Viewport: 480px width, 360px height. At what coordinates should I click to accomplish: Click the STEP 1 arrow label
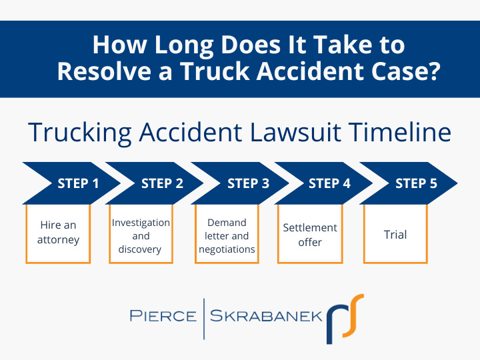[78, 183]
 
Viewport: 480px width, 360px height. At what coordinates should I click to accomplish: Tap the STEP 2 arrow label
[162, 183]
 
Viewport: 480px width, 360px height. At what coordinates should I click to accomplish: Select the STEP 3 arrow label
[248, 183]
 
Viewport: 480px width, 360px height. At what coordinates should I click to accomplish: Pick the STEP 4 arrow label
[329, 183]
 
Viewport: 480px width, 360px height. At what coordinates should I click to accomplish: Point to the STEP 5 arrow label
[416, 183]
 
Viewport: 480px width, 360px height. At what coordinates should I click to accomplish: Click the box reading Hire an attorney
[58, 233]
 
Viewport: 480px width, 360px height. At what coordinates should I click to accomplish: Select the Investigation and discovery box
[140, 235]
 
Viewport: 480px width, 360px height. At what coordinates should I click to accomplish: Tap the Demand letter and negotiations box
[227, 235]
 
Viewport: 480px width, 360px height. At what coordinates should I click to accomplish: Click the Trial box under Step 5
[395, 235]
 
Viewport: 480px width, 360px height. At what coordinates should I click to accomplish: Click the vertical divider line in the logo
[204, 315]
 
